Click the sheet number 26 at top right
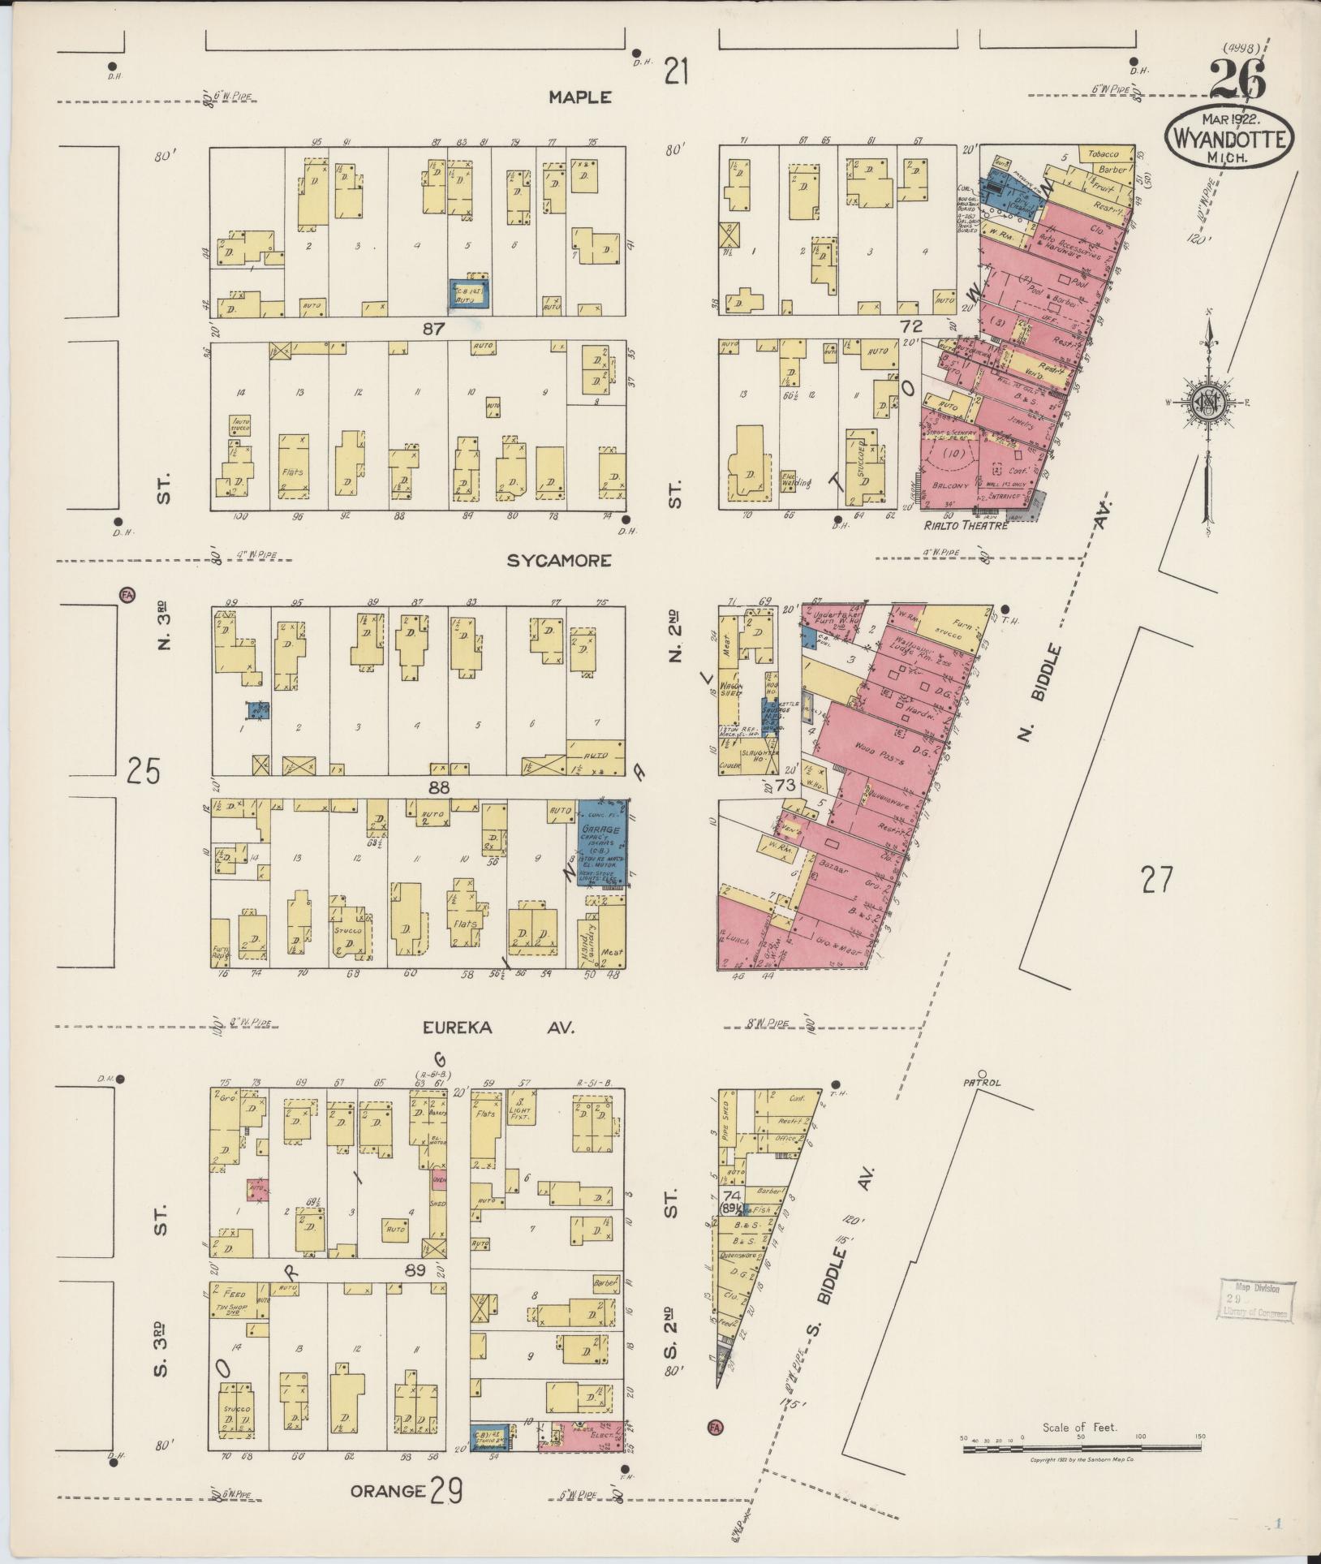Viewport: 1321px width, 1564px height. tap(1237, 82)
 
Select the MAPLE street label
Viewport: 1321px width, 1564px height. tap(579, 97)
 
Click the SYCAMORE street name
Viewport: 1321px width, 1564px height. tap(559, 561)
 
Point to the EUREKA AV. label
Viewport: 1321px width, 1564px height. tap(498, 1028)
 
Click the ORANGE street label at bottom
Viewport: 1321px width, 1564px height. tap(388, 1491)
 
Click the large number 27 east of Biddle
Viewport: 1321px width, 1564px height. tap(1156, 880)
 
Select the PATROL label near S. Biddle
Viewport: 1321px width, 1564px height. tap(983, 1083)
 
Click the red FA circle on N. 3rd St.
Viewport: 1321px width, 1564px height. tap(126, 595)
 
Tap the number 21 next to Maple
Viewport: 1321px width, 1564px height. tap(677, 72)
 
